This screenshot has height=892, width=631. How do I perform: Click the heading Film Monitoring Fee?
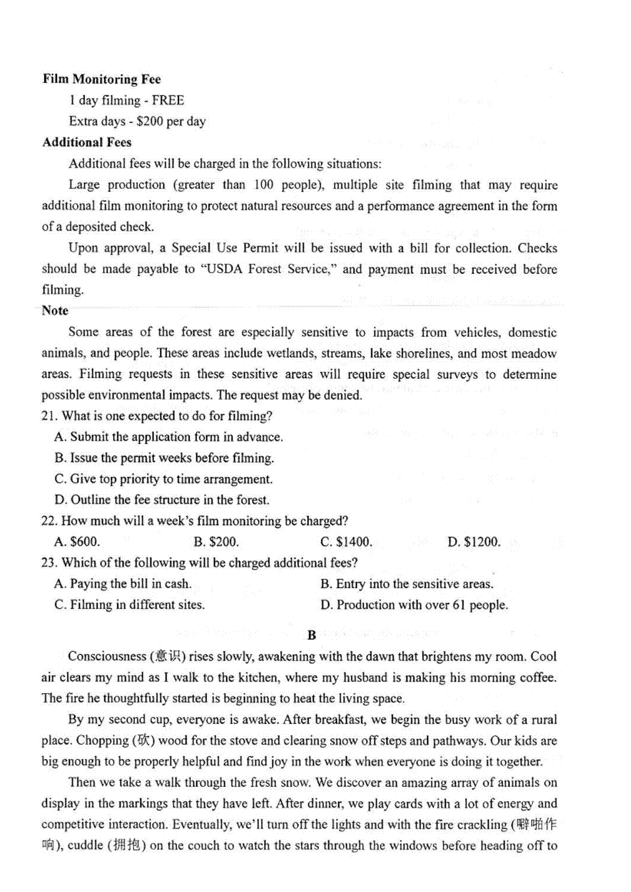101,79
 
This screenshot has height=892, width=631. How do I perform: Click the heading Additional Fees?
87,143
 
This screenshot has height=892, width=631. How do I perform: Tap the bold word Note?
55,310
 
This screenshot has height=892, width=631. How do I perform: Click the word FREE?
168,101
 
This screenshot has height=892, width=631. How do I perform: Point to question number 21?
49,416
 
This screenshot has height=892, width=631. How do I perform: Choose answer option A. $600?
77,542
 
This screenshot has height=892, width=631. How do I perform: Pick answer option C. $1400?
346,542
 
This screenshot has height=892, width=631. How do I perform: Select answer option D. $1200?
474,542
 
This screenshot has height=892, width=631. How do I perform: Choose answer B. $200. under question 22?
216,542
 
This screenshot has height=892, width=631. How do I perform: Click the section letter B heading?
312,635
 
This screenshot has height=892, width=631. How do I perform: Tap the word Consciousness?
107,657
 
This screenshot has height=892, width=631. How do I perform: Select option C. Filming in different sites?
129,605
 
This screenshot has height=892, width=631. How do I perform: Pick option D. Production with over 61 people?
414,605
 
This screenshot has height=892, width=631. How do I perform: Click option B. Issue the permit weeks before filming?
164,458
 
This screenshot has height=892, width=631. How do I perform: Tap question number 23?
49,563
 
